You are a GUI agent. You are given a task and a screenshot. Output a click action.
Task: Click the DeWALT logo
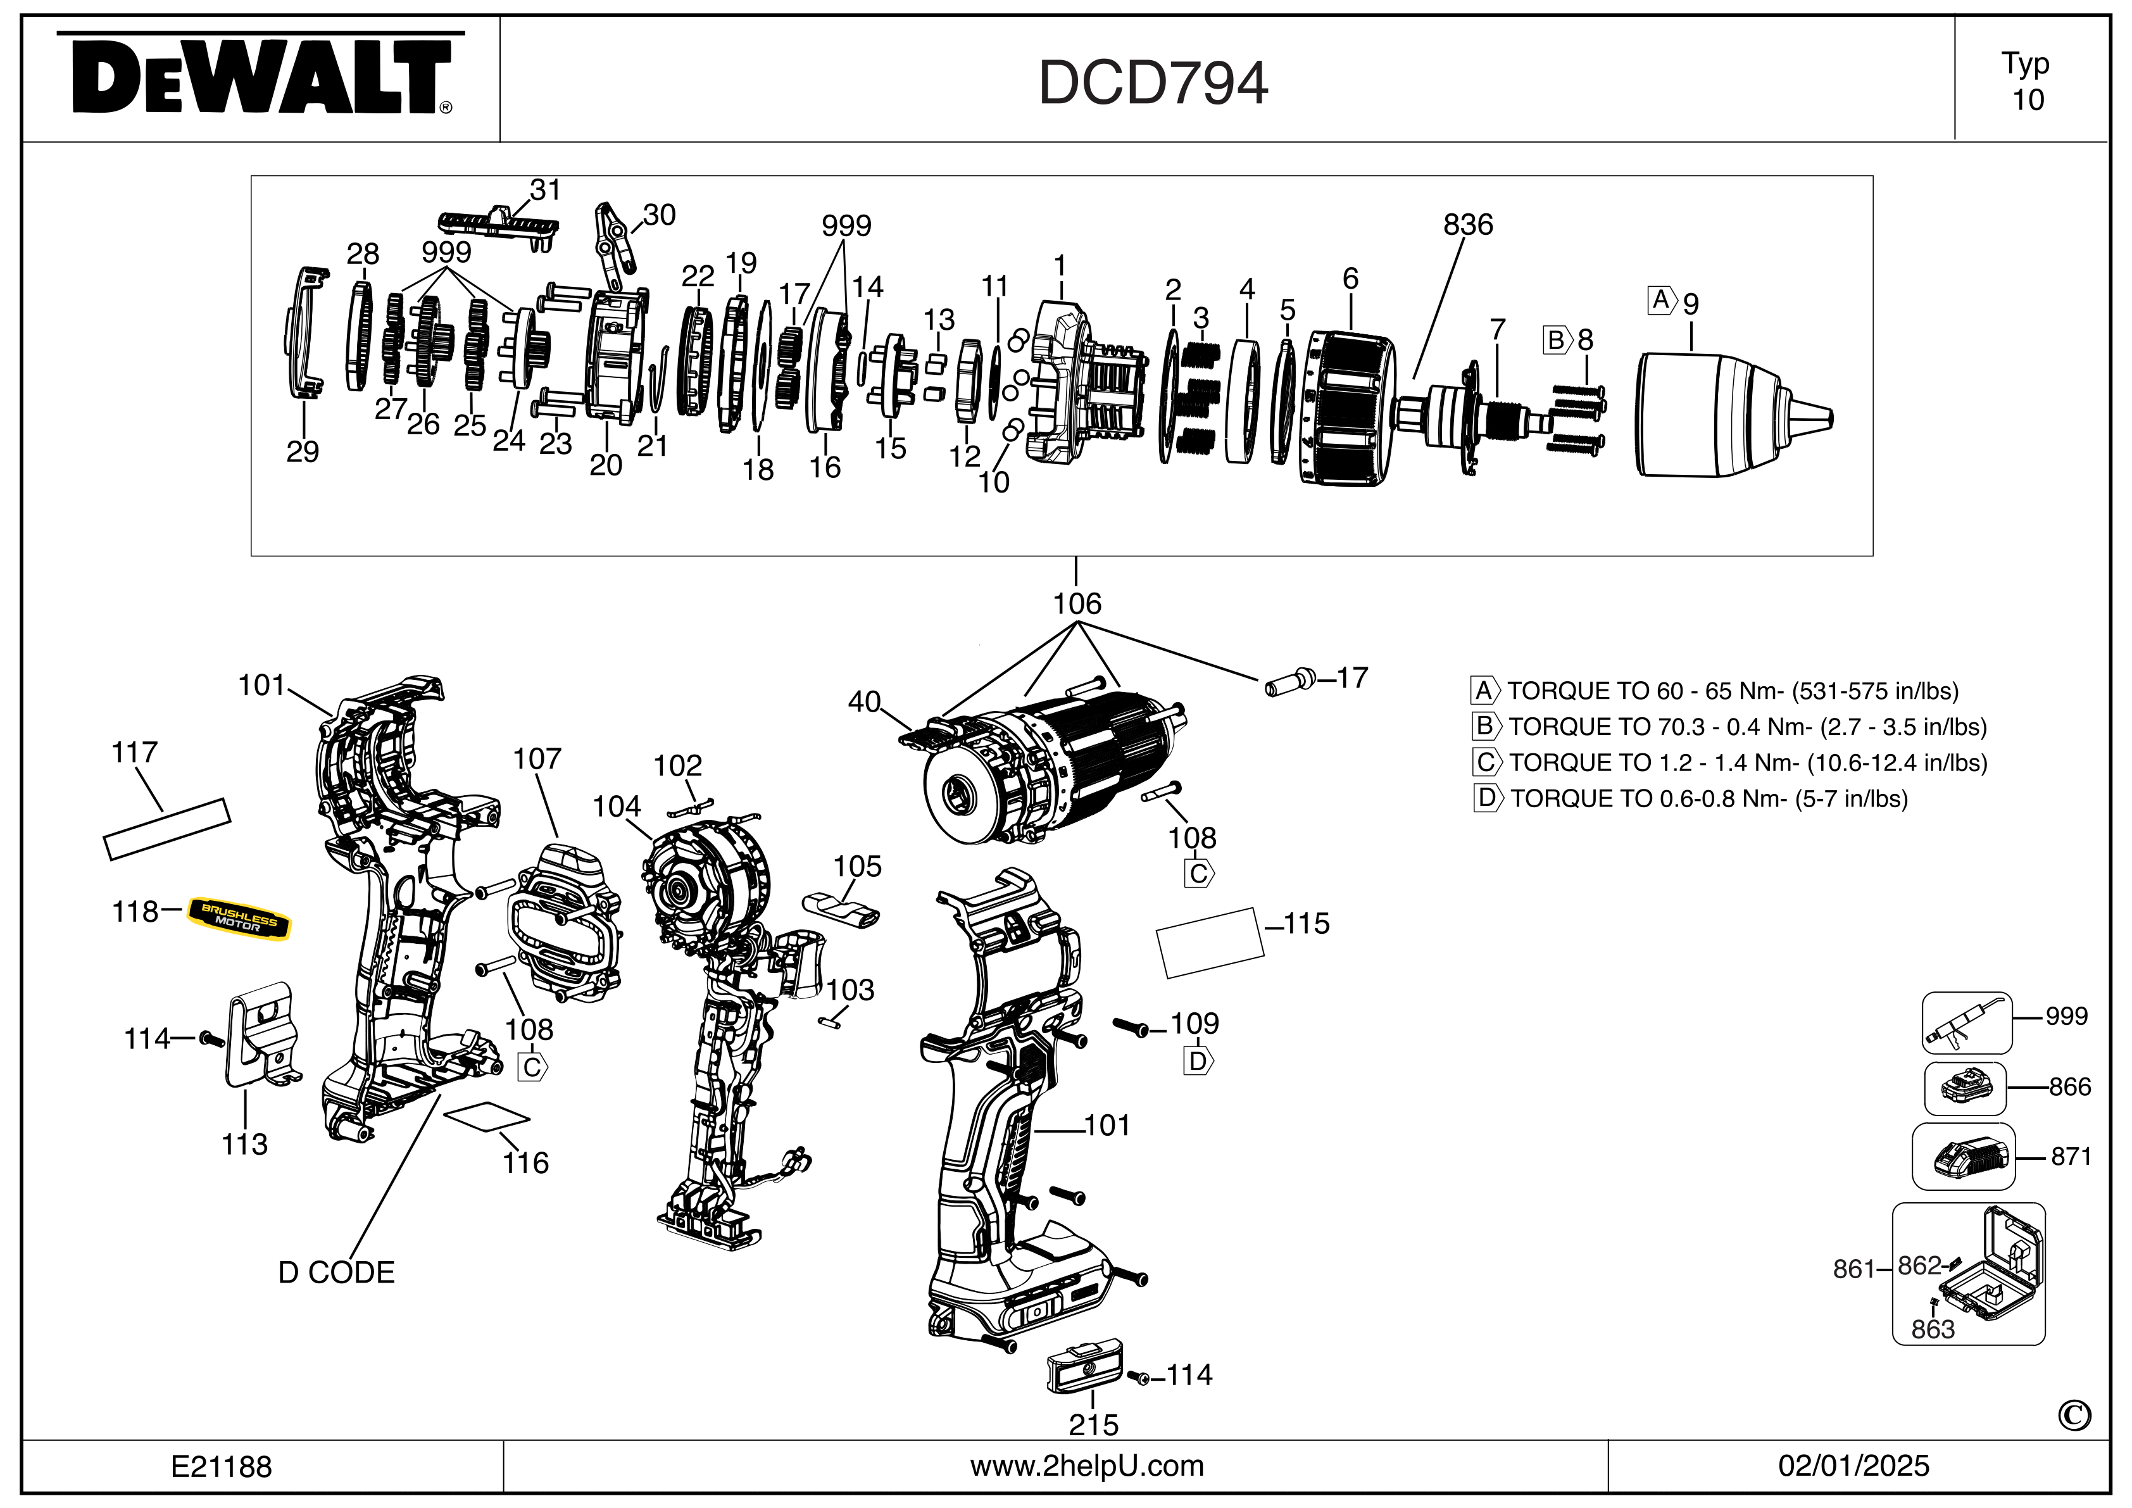[x=261, y=77]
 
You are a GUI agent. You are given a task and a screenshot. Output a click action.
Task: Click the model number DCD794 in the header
[x=1152, y=84]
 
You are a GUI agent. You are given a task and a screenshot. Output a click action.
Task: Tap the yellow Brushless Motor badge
[x=239, y=919]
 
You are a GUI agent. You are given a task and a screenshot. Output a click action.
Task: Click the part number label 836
[x=1467, y=225]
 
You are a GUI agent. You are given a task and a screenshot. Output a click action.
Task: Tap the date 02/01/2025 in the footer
[x=1853, y=1466]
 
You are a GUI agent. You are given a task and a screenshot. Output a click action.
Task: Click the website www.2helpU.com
[x=1086, y=1466]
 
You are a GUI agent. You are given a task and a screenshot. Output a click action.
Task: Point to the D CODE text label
[x=336, y=1272]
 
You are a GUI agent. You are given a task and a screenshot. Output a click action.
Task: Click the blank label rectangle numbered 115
[x=1209, y=943]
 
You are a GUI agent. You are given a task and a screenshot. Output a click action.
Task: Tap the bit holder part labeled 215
[x=1084, y=1369]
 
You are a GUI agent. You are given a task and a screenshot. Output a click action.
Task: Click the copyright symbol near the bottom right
[x=2074, y=1415]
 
